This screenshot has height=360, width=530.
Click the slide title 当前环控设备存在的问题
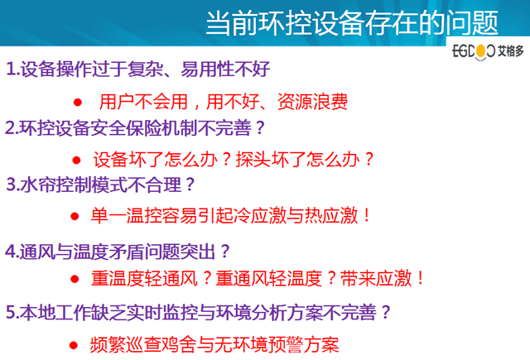point(352,22)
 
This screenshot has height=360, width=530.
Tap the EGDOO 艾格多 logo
point(488,51)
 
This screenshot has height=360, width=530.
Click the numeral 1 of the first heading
point(11,69)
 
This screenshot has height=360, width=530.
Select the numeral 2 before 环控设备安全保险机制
point(10,128)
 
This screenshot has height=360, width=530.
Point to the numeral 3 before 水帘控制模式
point(11,185)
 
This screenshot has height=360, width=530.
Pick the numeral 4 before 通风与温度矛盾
point(10,252)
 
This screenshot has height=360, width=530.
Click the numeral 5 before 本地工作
point(11,312)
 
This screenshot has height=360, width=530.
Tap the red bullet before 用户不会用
point(78,102)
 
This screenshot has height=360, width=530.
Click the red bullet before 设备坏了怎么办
point(77,160)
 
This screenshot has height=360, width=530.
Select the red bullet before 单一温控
point(75,216)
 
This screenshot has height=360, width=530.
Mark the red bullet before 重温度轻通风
point(75,279)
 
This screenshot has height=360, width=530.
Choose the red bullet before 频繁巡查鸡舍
point(74,345)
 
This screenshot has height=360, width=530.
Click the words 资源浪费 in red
point(312,102)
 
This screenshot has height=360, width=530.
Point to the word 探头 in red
point(253,160)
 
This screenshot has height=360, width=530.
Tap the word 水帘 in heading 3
point(38,185)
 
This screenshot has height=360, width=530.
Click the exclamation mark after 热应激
point(367,216)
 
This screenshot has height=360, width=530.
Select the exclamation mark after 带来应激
point(421,278)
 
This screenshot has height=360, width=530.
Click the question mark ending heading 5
point(385,312)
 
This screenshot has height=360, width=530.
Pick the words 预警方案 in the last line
point(304,345)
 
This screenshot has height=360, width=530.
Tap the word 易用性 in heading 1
point(207,69)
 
